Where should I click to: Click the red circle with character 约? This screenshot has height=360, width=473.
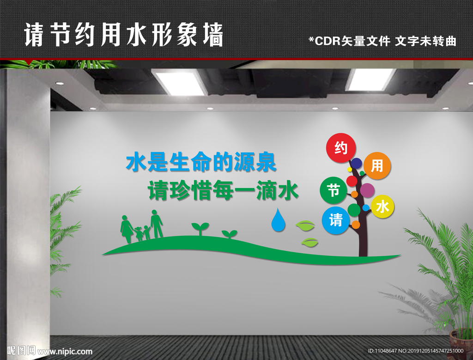click(341, 148)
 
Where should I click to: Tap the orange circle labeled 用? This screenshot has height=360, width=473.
click(377, 166)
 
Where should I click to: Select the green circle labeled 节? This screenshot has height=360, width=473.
click(334, 190)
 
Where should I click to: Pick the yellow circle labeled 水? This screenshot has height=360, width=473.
click(382, 207)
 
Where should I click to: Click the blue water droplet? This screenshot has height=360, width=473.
click(278, 220)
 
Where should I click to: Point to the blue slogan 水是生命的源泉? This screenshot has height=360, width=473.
click(201, 163)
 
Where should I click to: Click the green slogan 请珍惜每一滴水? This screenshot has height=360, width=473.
click(223, 190)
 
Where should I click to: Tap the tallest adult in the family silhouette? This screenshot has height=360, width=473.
click(156, 223)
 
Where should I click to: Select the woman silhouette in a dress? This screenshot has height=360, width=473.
click(126, 228)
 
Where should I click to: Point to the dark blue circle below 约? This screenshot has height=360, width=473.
click(356, 163)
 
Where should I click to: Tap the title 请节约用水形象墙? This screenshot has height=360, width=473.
click(124, 36)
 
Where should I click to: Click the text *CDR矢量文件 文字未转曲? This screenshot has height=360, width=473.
click(382, 41)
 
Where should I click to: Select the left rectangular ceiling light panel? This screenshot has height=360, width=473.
click(180, 82)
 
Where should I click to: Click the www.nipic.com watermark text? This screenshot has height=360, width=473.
click(65, 351)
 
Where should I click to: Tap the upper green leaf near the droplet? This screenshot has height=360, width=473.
click(305, 226)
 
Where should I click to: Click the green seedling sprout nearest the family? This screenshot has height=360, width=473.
click(200, 228)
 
